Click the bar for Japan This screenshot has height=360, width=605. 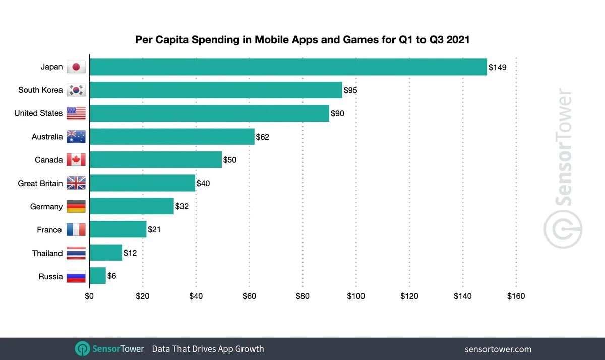[288, 67]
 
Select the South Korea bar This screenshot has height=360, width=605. [216, 90]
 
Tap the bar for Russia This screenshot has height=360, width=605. [98, 276]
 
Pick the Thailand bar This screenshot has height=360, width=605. [106, 253]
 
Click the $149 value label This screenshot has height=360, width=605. [497, 67]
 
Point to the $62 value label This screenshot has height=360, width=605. [262, 137]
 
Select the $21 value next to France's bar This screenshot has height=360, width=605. [154, 230]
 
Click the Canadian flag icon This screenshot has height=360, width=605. [76, 160]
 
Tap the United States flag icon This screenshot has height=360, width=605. [76, 113]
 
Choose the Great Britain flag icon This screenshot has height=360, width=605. [76, 184]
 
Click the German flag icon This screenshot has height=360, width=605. [76, 207]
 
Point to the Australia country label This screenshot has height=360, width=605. [47, 137]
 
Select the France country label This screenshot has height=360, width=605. [49, 230]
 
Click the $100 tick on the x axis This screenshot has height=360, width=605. [356, 296]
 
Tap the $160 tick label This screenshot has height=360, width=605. [516, 296]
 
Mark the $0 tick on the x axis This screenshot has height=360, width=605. [89, 296]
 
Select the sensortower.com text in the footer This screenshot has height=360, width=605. [498, 349]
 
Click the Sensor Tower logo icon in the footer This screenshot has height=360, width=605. [82, 349]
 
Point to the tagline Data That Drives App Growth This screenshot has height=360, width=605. [208, 349]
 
